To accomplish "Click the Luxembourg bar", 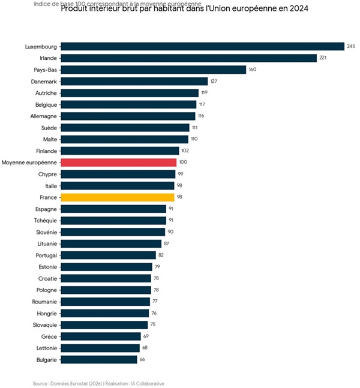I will (x=203, y=46).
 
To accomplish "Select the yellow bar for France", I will (x=118, y=197).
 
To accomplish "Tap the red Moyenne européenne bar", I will (x=119, y=162).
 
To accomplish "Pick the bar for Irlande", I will (x=189, y=58).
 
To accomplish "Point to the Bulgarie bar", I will (x=99, y=359).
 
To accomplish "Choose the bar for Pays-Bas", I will (x=154, y=70).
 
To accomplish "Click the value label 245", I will (x=351, y=46).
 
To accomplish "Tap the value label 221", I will (x=323, y=58).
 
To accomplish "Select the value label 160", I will (x=252, y=70).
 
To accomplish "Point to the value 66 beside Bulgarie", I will (x=143, y=359).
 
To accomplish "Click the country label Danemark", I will (x=44, y=81).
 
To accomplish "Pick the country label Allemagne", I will (x=43, y=116).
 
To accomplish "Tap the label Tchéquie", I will (x=45, y=220).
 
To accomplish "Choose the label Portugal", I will (x=46, y=255).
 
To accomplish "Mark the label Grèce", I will (x=49, y=336).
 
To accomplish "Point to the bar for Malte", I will (x=125, y=139).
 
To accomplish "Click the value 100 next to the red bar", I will (x=183, y=163).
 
